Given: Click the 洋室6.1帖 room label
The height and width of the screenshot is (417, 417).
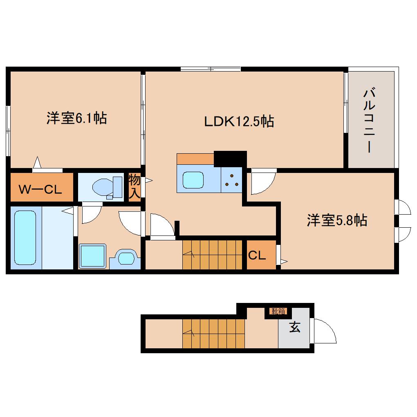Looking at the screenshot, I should [x=76, y=119].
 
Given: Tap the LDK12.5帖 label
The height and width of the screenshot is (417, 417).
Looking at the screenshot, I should [x=239, y=121].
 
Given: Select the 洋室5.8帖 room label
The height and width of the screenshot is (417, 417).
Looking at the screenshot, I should [x=336, y=220].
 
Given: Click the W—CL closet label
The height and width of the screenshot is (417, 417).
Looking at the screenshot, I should [x=40, y=189].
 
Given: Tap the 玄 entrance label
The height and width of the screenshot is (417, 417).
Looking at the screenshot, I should [x=294, y=327].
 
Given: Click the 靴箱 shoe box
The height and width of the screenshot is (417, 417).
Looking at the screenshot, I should [x=278, y=312].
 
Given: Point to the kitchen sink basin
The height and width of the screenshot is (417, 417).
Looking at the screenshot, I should [x=193, y=180].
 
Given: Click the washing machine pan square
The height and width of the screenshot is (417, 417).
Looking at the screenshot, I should [x=92, y=256].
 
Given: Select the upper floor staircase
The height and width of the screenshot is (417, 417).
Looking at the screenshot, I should [x=212, y=255].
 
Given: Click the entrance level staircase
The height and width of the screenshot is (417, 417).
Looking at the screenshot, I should [x=213, y=333].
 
